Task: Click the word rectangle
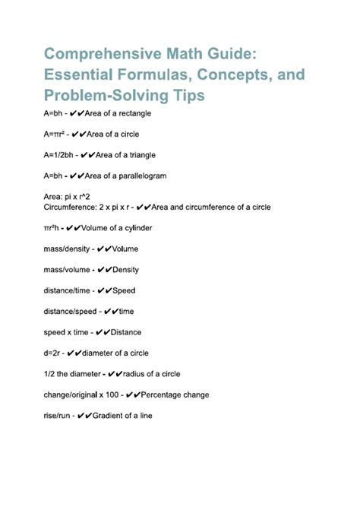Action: (x=134, y=114)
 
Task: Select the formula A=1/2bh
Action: (x=59, y=155)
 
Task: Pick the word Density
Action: (x=126, y=270)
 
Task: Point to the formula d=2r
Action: (x=53, y=353)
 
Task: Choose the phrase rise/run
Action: (x=58, y=416)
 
